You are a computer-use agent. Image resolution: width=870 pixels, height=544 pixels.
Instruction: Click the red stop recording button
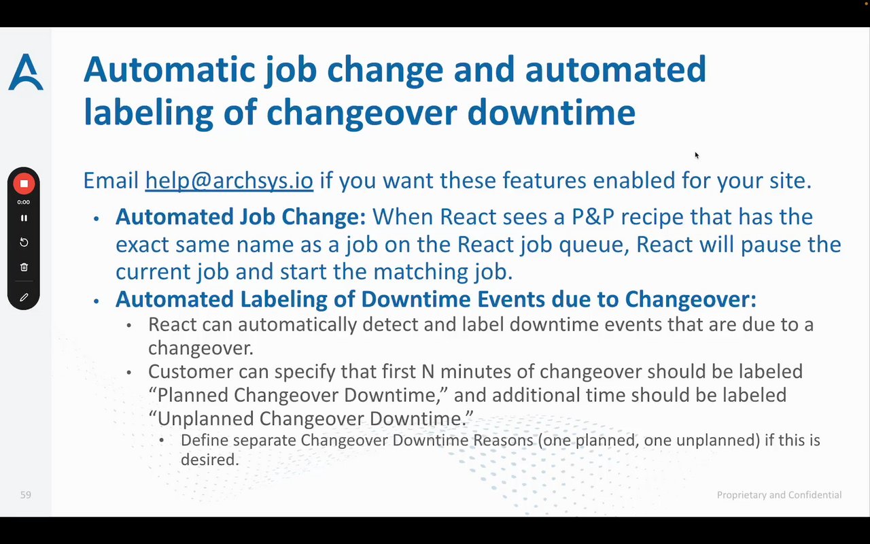pos(24,184)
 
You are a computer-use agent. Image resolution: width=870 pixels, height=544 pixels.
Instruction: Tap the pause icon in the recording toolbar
pos(24,218)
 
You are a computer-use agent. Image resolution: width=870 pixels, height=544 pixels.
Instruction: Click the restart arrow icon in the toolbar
pos(24,243)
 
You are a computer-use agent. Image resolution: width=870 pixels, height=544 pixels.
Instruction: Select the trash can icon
pos(24,267)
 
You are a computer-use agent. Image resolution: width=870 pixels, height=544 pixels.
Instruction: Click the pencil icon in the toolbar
pos(24,297)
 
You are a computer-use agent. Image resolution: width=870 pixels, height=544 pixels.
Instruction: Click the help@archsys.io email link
pos(229,181)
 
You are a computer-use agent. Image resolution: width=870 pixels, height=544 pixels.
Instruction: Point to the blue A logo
pos(26,72)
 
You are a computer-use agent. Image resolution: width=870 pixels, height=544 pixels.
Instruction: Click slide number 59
pos(26,494)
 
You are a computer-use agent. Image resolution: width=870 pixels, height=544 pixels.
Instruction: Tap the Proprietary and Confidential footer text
pos(779,494)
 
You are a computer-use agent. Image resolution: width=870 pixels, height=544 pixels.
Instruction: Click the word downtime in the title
pos(551,112)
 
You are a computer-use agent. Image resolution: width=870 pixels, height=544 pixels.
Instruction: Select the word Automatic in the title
pos(169,69)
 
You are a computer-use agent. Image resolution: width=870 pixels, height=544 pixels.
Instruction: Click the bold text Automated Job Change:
pos(241,216)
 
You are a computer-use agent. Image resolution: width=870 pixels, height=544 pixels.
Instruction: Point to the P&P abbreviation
pos(593,216)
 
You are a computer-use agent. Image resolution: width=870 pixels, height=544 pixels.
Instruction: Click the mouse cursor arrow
pos(697,156)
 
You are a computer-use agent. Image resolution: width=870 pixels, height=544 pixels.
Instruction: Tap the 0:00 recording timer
pos(23,202)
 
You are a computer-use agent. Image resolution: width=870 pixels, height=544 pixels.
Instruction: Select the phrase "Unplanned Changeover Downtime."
pos(311,418)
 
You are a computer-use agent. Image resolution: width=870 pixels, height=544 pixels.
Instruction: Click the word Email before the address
pos(111,181)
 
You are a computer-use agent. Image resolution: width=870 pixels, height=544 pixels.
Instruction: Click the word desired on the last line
pos(210,460)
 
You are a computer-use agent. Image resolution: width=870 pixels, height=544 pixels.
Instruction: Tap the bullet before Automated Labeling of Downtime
pos(97,301)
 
